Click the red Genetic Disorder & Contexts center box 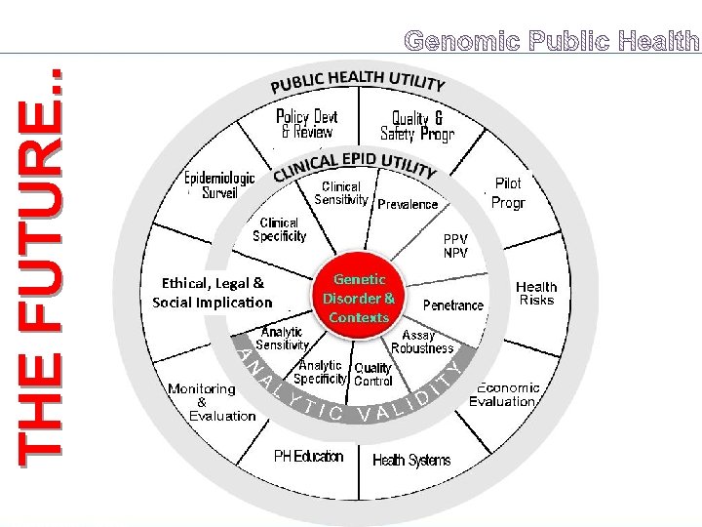tap(359, 298)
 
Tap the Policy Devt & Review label tap(306, 124)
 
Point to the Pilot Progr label tap(508, 193)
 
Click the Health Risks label tap(536, 293)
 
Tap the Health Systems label tap(411, 460)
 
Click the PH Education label tap(308, 456)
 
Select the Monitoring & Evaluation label tap(202, 401)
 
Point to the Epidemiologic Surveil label tap(219, 184)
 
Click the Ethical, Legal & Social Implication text tap(212, 293)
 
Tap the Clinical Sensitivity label tap(340, 192)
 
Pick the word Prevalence tap(408, 205)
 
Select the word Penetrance tap(452, 305)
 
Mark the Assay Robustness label tap(421, 341)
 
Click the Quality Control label tap(372, 375)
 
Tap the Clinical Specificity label tap(279, 229)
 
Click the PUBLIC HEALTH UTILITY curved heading tap(358, 81)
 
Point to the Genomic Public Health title tap(552, 41)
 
